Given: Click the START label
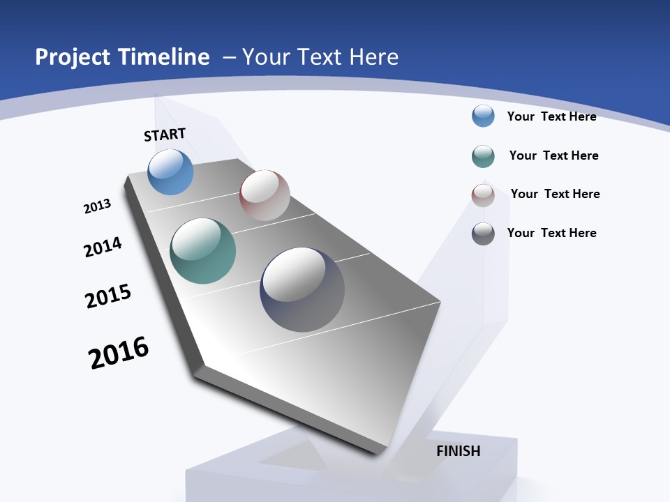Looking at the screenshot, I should coord(165,135).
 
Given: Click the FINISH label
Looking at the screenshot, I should coord(459,451).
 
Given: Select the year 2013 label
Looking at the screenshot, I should coord(97,206).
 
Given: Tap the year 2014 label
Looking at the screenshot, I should coord(103,247).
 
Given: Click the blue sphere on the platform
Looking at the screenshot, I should coord(170,172).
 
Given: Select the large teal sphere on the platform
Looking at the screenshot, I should coord(202,251).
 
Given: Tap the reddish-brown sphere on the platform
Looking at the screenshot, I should coord(265,195).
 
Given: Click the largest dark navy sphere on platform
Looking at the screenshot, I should coord(302,289).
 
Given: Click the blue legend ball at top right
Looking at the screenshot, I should coord(483,116).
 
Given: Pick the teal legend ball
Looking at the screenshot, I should coord(483,156).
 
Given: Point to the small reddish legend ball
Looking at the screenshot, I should coord(483,195).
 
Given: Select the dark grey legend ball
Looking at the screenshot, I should coord(483,234).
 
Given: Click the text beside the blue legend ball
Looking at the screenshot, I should coord(551,116).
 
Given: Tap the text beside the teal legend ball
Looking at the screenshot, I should coord(553,155).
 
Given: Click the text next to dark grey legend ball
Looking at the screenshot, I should coord(551,233).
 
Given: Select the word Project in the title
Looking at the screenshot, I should coord(71,57).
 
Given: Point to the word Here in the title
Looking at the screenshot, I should coord(373,57).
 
